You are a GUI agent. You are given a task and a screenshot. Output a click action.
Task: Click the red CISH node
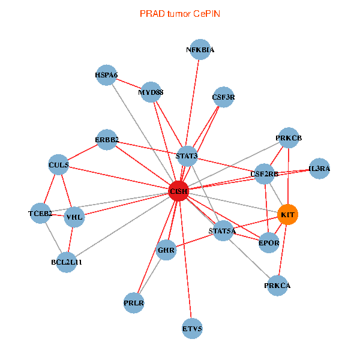click(179, 191)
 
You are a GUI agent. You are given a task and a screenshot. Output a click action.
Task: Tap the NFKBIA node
click(200, 50)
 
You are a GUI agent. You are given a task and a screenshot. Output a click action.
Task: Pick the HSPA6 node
click(106, 75)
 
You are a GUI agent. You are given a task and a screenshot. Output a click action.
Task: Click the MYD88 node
click(151, 92)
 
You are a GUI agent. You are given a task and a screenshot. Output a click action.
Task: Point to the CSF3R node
click(223, 97)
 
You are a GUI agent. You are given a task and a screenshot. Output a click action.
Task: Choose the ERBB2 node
click(107, 140)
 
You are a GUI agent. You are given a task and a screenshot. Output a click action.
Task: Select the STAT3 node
click(187, 156)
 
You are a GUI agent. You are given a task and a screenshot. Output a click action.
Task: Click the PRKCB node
click(289, 138)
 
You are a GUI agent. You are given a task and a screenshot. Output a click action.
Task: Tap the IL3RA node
click(319, 169)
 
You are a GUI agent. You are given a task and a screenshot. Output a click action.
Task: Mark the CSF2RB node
click(265, 174)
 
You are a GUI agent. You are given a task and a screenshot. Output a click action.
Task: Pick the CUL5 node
click(59, 164)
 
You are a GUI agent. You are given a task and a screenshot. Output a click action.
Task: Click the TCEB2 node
click(40, 213)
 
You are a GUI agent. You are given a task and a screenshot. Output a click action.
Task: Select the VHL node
click(74, 217)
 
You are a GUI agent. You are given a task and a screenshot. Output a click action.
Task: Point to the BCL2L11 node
click(67, 262)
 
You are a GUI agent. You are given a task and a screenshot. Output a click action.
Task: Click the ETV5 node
click(192, 328)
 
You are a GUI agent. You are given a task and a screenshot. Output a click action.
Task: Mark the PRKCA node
click(277, 285)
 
